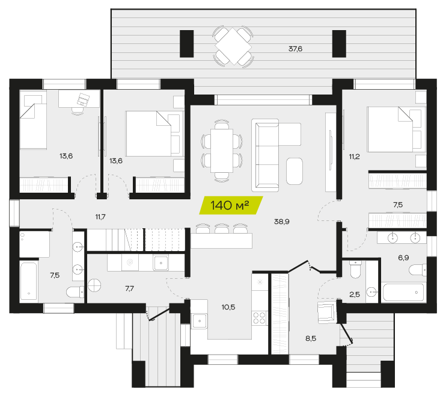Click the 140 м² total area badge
tap(231, 205)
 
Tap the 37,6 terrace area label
tap(295, 49)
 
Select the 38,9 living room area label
tap(281, 222)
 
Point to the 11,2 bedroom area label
tap(355, 157)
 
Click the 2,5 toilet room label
tap(355, 294)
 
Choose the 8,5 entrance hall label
tap(311, 338)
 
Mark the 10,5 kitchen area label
tap(228, 307)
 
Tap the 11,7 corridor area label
tap(100, 217)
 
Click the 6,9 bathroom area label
tap(403, 258)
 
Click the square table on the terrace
tap(233, 46)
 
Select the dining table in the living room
tap(222, 151)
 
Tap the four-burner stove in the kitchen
tap(260, 318)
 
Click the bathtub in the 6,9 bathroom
tap(403, 293)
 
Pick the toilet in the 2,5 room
tap(355, 269)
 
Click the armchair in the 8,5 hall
tap(326, 313)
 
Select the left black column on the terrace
tap(186, 43)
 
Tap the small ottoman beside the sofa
tap(295, 171)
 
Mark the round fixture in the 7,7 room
tap(94, 285)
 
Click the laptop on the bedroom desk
tap(83, 99)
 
